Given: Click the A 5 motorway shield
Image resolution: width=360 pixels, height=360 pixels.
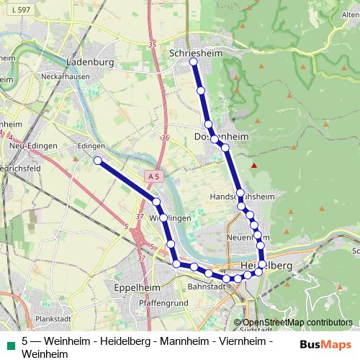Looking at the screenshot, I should pyautogui.click(x=151, y=176).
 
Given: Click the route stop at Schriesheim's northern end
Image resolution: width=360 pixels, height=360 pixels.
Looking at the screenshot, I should pyautogui.click(x=193, y=62).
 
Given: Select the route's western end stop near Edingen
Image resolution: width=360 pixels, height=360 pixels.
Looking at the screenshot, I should pyautogui.click(x=97, y=161).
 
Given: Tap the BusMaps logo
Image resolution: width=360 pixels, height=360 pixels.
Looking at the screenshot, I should pyautogui.click(x=325, y=343).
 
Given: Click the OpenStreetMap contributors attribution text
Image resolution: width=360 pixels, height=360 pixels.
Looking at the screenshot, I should pyautogui.click(x=297, y=322).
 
